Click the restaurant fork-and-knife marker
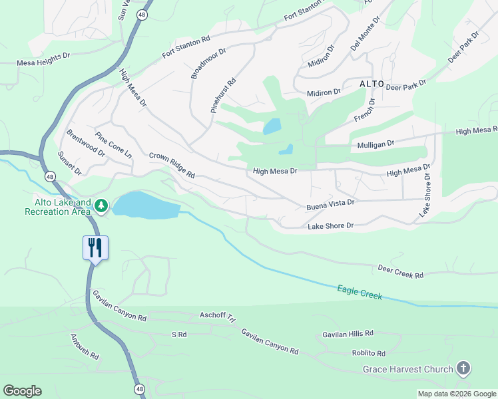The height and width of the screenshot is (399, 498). coord(95,248)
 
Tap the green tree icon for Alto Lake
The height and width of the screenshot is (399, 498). coord(101,206)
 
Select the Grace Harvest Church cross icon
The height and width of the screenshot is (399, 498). coord(463,368)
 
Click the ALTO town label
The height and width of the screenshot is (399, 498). coord(372,84)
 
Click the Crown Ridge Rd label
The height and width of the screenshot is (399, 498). coord(172,165)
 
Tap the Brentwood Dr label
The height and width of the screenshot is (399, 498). coord(85,142)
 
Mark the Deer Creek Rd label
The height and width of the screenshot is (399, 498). coord(400,271)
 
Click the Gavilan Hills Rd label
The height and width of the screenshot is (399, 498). coord(348,333)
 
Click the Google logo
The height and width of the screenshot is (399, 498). coord(22,391)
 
